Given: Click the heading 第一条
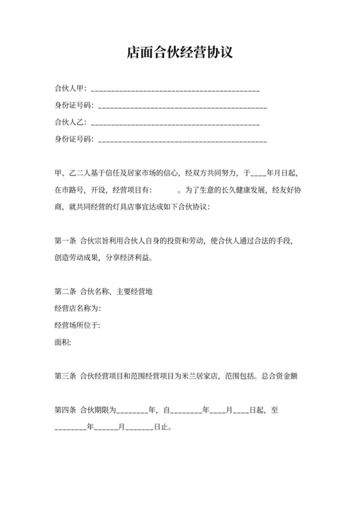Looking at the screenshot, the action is [x=66, y=241].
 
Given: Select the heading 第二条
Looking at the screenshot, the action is [x=66, y=292].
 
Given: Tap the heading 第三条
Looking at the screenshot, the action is [x=66, y=376].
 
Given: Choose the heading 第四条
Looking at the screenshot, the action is [x=66, y=409].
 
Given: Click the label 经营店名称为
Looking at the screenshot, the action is [x=78, y=308].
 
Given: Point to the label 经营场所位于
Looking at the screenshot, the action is [x=78, y=325].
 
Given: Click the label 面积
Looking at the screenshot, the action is [x=62, y=342].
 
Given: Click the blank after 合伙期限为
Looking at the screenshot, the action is [x=131, y=411].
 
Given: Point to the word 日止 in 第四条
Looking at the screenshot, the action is [x=161, y=426].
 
